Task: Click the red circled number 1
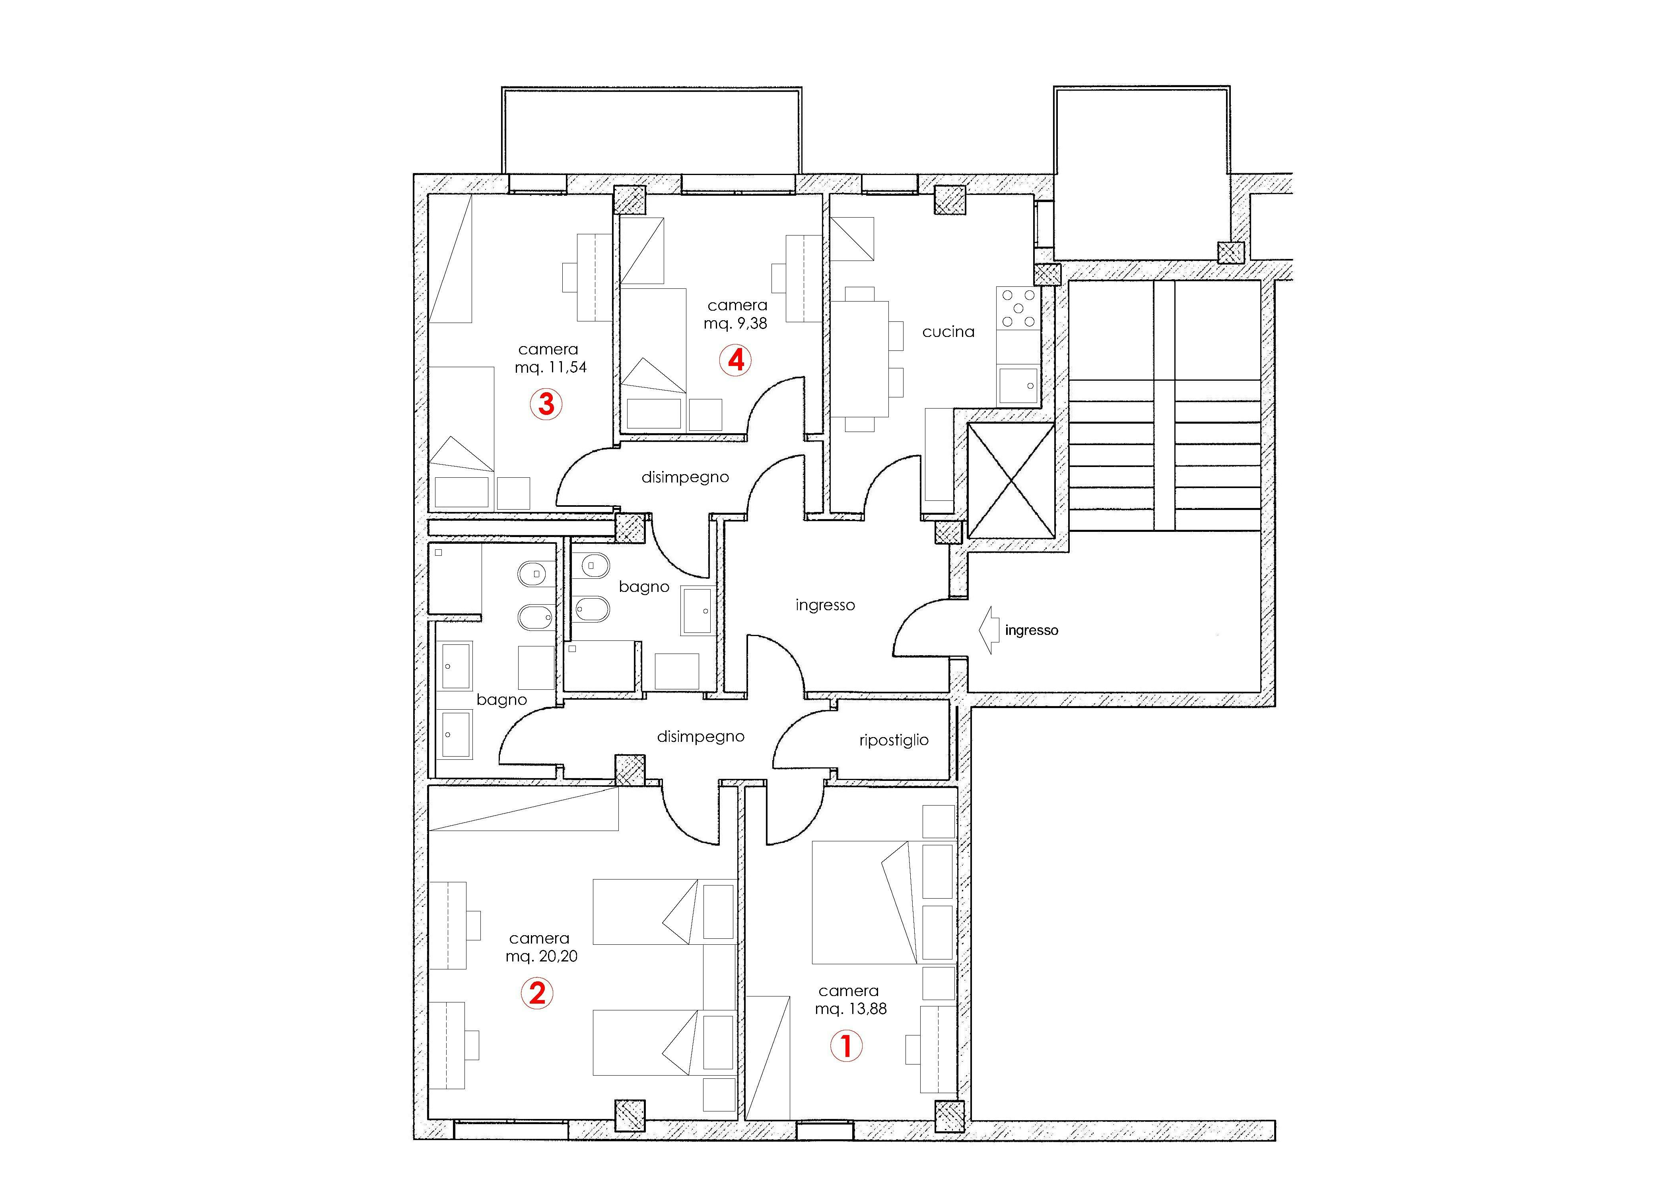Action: (846, 1046)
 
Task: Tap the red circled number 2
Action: (537, 993)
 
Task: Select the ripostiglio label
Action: (894, 740)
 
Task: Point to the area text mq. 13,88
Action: (851, 1008)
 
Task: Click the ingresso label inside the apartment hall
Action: (825, 605)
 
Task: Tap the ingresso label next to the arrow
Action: (1031, 630)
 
